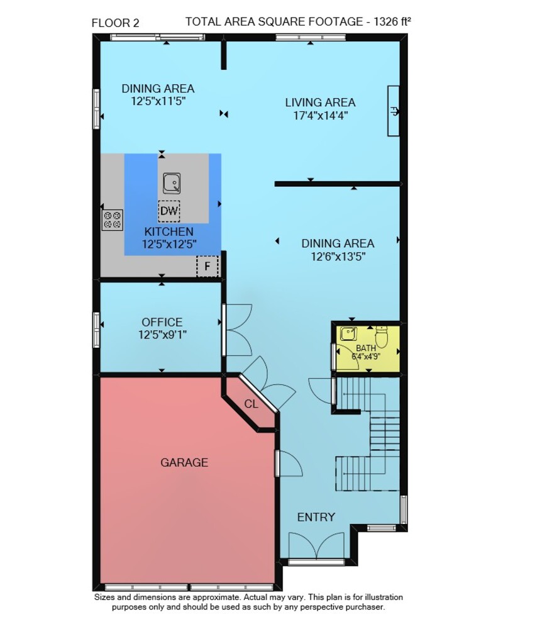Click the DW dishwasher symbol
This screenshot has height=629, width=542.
pos(169,211)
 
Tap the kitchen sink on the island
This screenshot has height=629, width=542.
pos(172,183)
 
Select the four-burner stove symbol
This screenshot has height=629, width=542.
pos(113,220)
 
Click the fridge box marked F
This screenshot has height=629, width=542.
pos(207,266)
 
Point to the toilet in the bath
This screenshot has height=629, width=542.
pos(381,337)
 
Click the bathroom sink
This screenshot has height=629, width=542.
pos(348,334)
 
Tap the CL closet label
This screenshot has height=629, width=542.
pos(251,404)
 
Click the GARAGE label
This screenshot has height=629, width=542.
pos(184,462)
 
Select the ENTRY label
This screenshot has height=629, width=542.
pos(316,517)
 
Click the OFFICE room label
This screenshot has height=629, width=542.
pos(162,322)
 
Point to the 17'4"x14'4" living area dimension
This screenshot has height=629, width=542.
pos(320,116)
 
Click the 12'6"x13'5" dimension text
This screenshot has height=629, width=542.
pos(338,257)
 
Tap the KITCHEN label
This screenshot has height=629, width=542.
pos(169,231)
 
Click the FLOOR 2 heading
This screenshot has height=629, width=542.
pos(116,23)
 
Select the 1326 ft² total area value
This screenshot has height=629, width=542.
pos(392,21)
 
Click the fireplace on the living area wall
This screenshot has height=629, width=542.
pos(393,111)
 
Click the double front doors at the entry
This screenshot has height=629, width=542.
pos(316,545)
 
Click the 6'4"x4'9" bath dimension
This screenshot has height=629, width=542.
pos(366,356)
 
